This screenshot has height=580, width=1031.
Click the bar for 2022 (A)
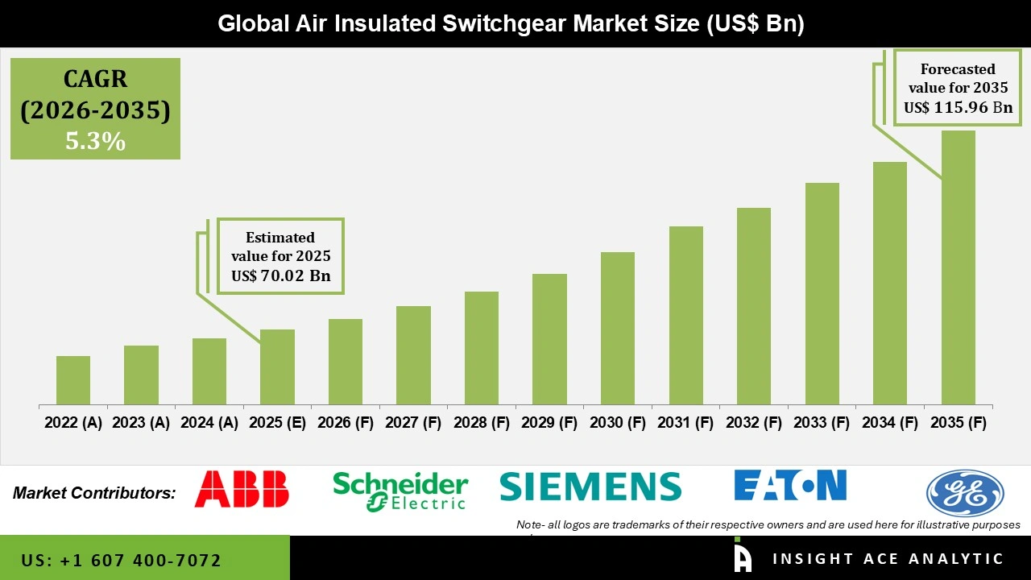73,380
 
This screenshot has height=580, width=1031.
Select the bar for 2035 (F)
958,267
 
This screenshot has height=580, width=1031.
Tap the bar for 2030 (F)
618,328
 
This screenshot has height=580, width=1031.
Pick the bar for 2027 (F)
413,355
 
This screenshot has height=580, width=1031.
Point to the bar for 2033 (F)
822,293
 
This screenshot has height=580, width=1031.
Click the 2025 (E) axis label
277,423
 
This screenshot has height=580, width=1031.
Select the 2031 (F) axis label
686,423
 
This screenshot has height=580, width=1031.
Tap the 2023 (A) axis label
141,423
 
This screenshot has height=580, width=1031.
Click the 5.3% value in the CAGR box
95,142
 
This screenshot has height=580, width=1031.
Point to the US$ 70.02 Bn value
279,276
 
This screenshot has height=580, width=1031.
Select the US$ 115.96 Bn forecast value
958,107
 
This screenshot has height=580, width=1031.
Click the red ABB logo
242,489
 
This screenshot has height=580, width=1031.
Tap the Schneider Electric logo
400,491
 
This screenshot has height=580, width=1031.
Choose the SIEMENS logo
590,487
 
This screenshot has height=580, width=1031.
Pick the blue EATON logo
790,485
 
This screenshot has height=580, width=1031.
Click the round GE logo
965,493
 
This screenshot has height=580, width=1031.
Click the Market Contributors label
94,492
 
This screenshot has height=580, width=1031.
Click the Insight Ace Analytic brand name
888,559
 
